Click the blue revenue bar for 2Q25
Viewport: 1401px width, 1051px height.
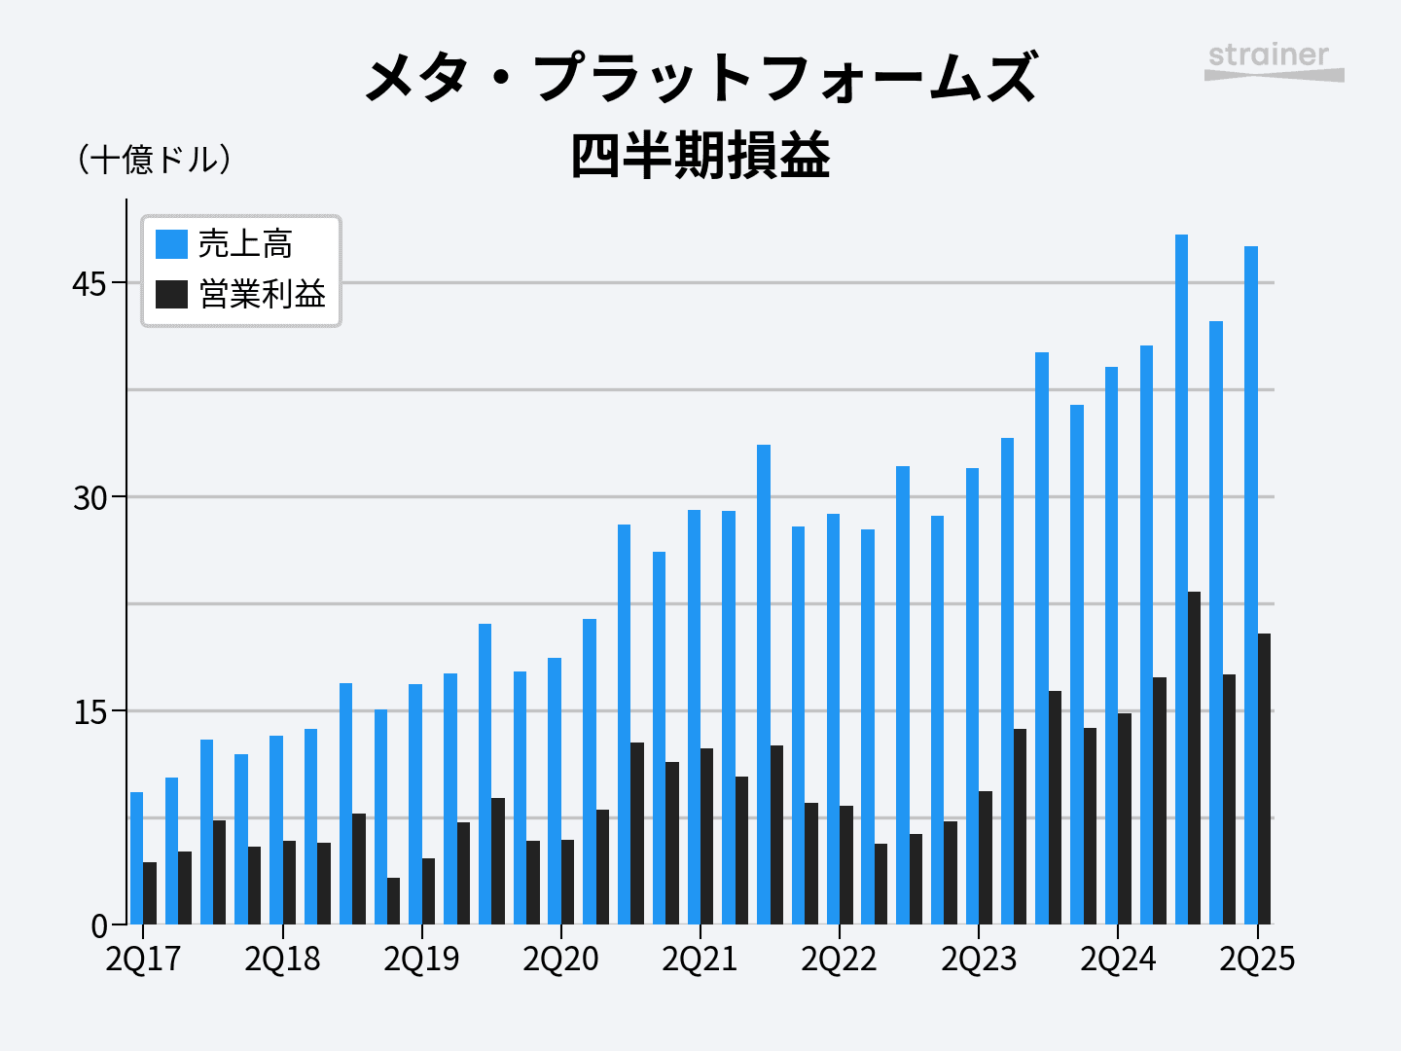tap(1251, 584)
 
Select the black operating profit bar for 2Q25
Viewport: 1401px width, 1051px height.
tap(1264, 779)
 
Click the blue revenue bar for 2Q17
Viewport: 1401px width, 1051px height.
tap(136, 857)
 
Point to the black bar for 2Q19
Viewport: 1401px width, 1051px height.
tap(428, 890)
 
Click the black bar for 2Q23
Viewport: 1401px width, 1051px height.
tap(986, 857)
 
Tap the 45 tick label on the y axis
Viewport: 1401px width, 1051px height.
tap(90, 284)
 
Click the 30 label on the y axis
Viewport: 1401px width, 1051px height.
tap(90, 498)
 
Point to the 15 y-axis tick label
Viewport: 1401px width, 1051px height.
tap(90, 712)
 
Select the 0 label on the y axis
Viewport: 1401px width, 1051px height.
tap(99, 926)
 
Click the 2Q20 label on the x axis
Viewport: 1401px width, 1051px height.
tap(560, 960)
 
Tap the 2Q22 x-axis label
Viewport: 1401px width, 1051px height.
tap(839, 960)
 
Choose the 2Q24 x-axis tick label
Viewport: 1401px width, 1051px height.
tap(1118, 960)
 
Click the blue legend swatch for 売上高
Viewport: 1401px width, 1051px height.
tap(171, 244)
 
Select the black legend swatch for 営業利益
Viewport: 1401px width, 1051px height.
tap(171, 294)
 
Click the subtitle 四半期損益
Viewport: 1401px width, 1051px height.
tap(700, 156)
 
